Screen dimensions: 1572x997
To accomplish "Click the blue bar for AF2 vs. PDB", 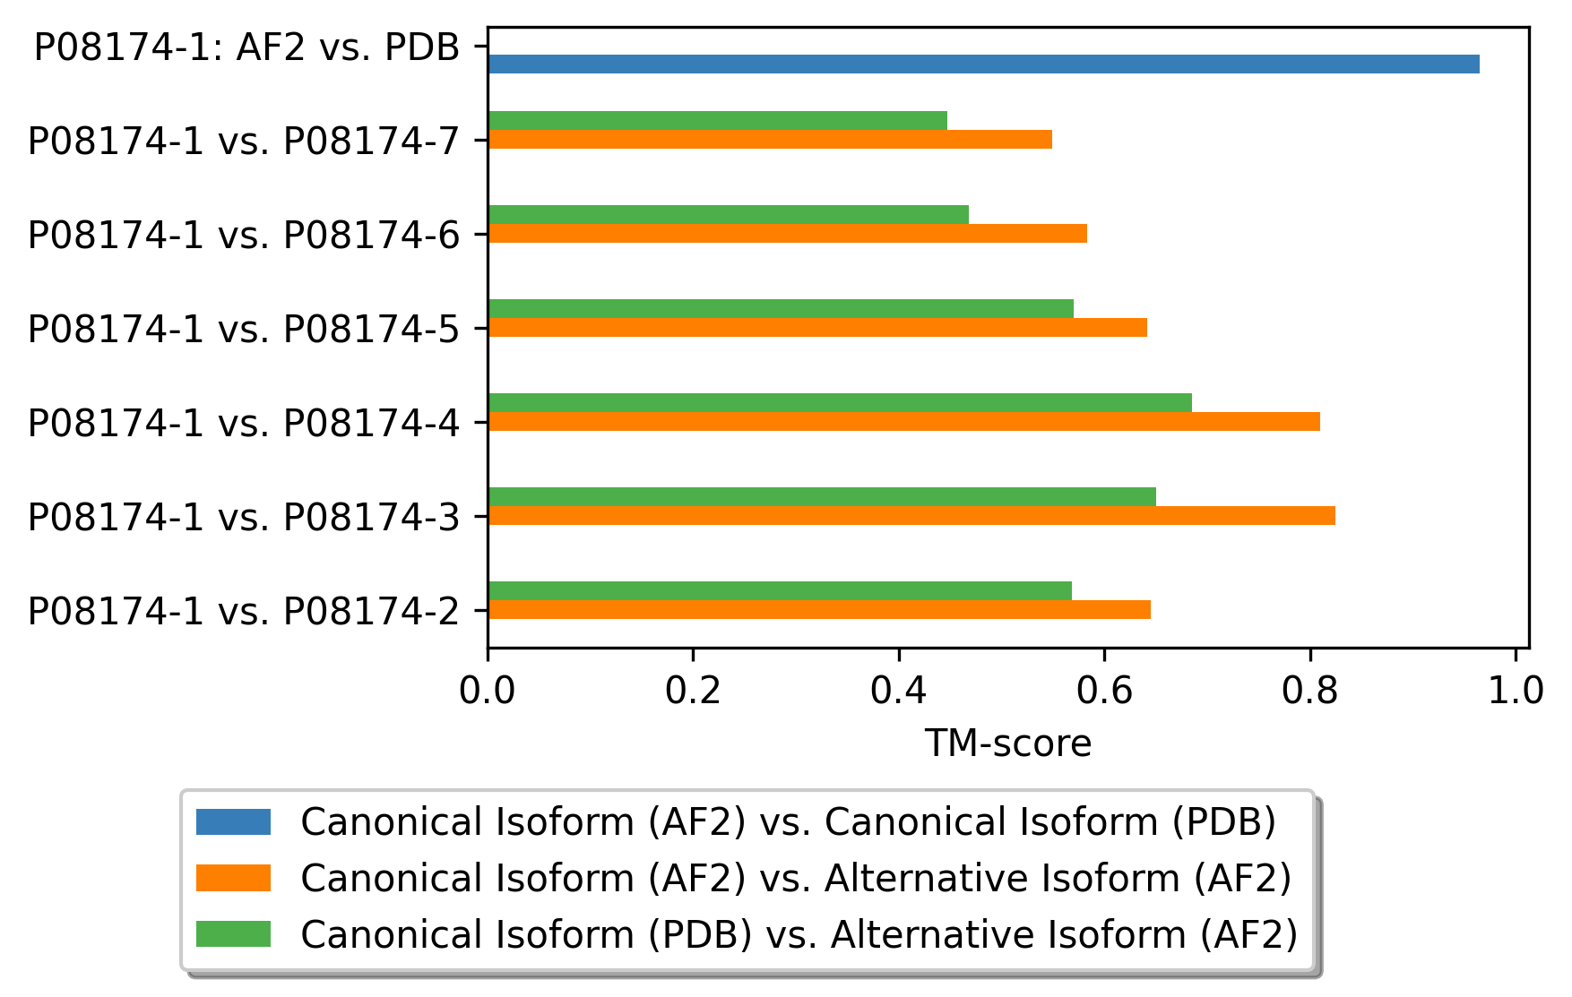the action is click(984, 64).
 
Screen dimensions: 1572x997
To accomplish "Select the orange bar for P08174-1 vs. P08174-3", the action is click(911, 516).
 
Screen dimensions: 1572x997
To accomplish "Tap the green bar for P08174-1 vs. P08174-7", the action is click(718, 121).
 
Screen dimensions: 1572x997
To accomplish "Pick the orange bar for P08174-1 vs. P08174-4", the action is click(904, 422).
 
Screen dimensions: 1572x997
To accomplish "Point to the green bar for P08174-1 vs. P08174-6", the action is click(729, 215).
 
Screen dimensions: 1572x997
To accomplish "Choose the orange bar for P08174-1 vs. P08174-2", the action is click(819, 610).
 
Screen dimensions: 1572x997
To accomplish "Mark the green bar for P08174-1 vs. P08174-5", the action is click(781, 309).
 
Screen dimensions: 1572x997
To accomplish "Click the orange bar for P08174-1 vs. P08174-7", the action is click(770, 140).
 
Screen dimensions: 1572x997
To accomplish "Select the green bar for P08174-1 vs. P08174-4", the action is click(840, 403).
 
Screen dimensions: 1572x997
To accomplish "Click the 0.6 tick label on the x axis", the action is click(1104, 692).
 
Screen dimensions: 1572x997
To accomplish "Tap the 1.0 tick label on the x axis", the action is click(1516, 692).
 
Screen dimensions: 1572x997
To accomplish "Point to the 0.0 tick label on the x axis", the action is click(488, 692).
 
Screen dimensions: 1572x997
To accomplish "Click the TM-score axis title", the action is click(1008, 743).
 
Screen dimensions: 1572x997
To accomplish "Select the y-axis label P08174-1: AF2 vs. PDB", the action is click(247, 47).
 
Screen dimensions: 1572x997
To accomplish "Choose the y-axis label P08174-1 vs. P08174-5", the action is click(244, 330).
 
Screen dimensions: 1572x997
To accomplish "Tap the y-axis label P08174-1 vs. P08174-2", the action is click(244, 612).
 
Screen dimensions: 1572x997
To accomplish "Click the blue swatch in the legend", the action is click(233, 821).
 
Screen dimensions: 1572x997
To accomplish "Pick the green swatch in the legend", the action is click(233, 933).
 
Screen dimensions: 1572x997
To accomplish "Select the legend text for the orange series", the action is click(796, 879).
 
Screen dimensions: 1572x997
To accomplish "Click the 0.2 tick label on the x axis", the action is click(693, 692).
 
